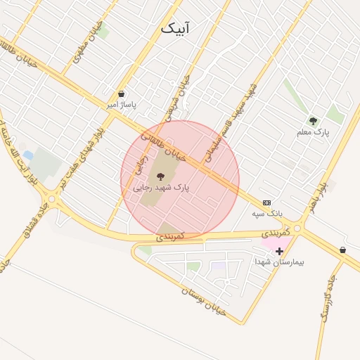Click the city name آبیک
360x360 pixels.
(x=175, y=28)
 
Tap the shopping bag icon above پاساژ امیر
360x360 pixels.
(x=122, y=94)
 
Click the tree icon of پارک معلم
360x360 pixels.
(x=313, y=121)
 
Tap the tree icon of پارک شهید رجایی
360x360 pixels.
(x=160, y=176)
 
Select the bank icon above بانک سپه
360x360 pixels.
(x=266, y=202)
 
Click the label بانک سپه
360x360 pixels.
(x=267, y=212)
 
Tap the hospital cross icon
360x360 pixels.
(x=279, y=251)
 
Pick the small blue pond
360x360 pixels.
(x=27, y=155)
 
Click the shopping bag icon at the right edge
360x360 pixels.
(x=342, y=250)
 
